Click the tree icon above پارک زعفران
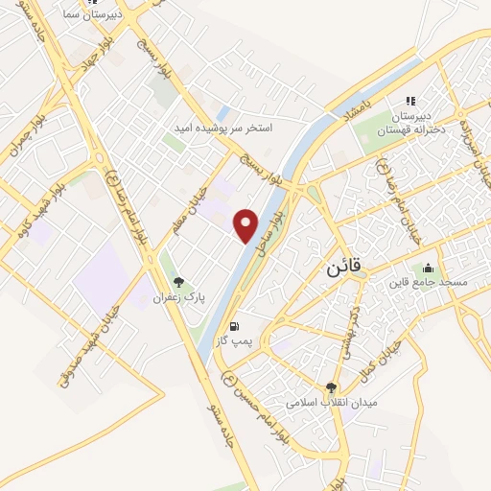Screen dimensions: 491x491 click(178, 282)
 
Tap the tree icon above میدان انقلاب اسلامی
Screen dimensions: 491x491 click(332, 387)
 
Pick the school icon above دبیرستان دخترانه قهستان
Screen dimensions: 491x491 click(410, 101)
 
